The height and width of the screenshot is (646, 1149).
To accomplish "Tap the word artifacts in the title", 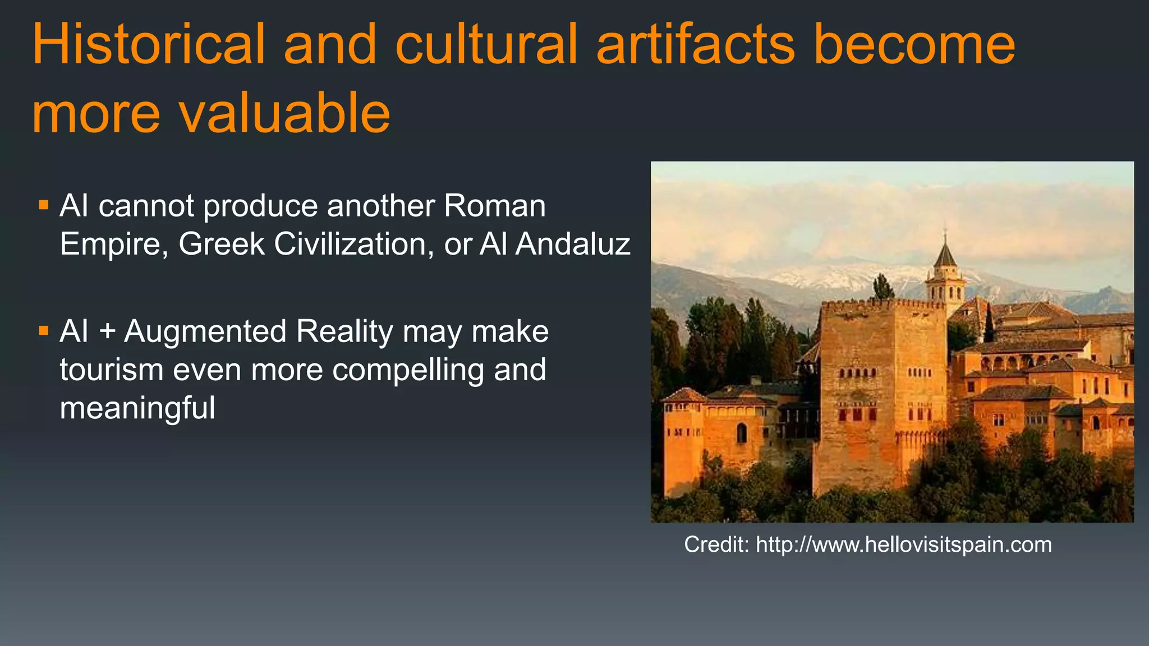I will point(696,44).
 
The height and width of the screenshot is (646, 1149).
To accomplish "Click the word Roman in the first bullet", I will point(495,206).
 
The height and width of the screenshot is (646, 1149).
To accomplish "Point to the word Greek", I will point(222,244).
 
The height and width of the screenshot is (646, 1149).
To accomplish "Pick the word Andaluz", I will point(573,244).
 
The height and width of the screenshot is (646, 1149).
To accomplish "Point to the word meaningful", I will point(137,408).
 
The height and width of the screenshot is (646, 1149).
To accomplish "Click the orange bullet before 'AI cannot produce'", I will point(44,205).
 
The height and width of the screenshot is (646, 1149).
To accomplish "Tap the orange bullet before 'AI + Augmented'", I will point(44,330).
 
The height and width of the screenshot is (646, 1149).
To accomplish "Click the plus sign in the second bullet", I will point(107,331).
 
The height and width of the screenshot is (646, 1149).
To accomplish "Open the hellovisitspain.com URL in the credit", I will point(904,545).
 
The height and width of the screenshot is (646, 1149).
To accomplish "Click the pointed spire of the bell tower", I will point(945,250).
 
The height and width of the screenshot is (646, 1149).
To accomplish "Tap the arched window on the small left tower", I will point(742,432).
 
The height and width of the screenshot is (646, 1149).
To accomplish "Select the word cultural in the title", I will point(486,44).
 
